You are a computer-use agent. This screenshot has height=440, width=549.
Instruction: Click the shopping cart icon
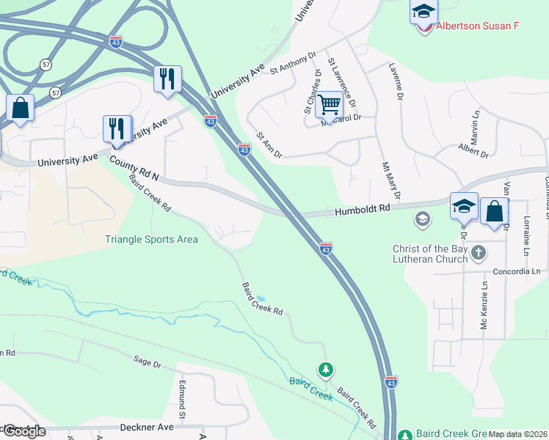[x=330, y=106]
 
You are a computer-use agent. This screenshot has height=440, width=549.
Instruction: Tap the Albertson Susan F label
[x=477, y=26]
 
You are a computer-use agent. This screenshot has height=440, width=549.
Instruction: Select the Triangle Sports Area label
[x=151, y=239]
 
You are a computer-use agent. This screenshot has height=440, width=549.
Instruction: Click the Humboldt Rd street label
[x=363, y=209]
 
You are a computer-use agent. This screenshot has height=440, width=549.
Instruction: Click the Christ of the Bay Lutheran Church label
[x=430, y=254]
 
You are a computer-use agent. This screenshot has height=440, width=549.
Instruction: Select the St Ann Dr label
[x=269, y=143]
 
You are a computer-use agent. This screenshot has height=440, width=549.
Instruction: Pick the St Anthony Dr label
[x=292, y=63]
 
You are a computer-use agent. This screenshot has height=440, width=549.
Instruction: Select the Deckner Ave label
[x=147, y=427]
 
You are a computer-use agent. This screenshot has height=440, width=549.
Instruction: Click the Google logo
[x=24, y=431]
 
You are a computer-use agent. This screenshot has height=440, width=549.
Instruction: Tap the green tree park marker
[x=325, y=370]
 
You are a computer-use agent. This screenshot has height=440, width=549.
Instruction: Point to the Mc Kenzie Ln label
[x=484, y=307]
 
